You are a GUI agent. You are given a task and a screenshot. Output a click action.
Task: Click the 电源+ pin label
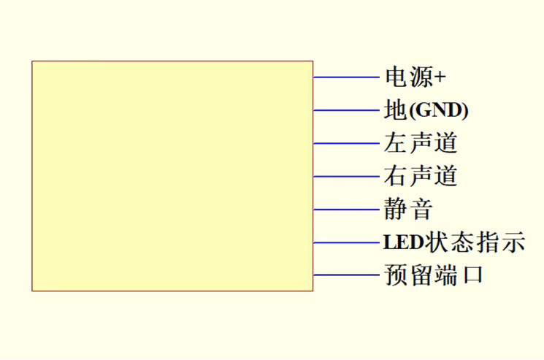click(x=415, y=77)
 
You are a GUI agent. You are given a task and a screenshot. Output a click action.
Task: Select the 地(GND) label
click(x=426, y=110)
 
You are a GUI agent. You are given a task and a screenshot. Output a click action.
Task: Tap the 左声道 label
click(x=421, y=142)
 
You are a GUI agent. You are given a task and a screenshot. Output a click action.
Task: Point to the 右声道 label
click(x=421, y=176)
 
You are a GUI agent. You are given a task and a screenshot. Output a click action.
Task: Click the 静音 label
click(x=408, y=210)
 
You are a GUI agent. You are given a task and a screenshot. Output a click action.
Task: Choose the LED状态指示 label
click(x=453, y=242)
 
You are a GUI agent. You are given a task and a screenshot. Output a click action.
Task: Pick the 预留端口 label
click(x=433, y=275)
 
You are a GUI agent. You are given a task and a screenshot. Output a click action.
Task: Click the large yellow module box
click(x=172, y=176)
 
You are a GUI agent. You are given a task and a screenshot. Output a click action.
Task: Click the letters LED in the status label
click(x=398, y=242)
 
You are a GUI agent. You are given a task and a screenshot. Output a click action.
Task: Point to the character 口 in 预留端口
click(x=472, y=276)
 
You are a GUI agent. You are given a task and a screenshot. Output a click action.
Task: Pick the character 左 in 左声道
click(x=395, y=142)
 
